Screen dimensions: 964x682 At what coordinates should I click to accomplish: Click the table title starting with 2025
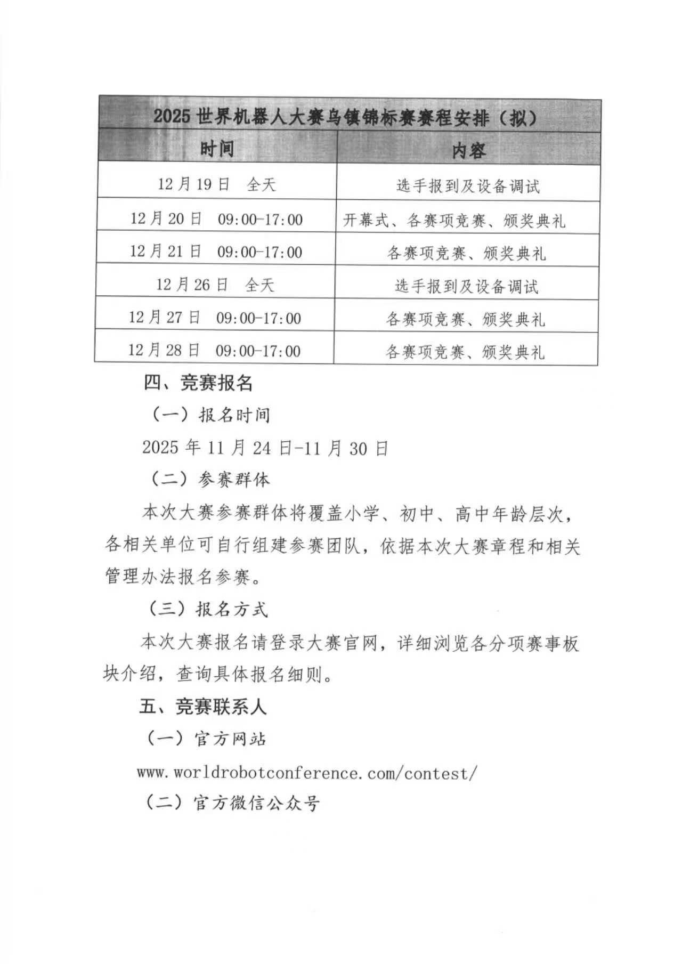pos(345,117)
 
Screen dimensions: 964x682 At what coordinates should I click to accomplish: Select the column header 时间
pos(217,148)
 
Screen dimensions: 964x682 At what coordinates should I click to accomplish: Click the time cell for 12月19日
pos(216,184)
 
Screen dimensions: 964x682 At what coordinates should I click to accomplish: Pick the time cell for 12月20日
pos(216,219)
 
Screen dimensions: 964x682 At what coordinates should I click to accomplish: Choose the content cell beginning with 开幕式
pos(454,221)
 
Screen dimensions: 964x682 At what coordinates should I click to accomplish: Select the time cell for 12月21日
pos(216,252)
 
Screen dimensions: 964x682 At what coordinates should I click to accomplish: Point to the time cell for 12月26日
pos(215,285)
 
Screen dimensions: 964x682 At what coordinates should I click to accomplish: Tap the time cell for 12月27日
pos(215,318)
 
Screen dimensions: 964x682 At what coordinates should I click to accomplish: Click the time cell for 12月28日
pos(214,351)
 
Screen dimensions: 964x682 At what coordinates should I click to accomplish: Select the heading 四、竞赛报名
pos(198,383)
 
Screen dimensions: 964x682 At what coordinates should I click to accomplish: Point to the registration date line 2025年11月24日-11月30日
pos(265,448)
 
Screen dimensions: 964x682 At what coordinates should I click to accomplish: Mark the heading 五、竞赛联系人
pos(203,707)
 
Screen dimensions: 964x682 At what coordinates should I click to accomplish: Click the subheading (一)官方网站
pos(207,739)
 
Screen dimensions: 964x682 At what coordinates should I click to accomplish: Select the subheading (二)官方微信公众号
pos(233,803)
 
